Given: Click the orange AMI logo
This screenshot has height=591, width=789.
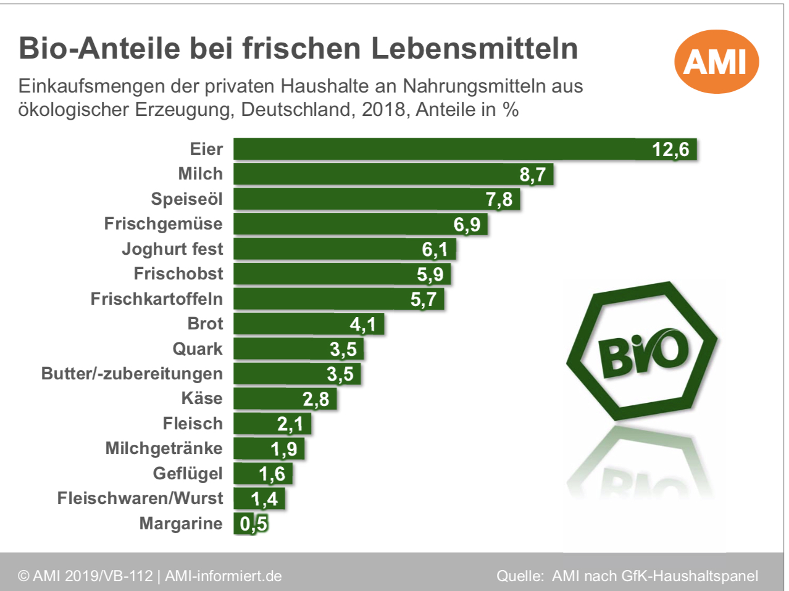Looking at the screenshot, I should coord(716,62).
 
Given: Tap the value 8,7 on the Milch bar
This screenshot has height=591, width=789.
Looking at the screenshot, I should coord(532,175).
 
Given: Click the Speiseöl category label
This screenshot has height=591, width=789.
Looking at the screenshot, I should coord(186,199).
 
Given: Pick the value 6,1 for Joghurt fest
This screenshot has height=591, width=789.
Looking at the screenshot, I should coord(435,249).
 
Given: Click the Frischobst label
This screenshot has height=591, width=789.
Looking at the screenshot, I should coord(178,274).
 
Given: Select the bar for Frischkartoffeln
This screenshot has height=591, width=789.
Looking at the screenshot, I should coord(338,299).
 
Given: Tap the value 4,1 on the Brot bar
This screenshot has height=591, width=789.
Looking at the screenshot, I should coord(362,324).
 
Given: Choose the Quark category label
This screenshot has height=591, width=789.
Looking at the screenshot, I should coord(197,349).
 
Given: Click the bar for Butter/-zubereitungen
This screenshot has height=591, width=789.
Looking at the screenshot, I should coord(296,374).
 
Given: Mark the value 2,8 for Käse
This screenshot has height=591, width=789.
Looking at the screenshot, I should coord(315,399).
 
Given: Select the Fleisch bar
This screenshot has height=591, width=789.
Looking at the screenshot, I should coord(272,424).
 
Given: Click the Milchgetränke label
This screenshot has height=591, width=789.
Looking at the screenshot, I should coord(164,448).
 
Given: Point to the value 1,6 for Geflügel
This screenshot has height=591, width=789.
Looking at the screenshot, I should coord(272,474).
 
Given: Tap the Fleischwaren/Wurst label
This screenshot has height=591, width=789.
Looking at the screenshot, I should coord(140,498).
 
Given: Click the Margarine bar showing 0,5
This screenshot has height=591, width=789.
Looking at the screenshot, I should coord(251,524).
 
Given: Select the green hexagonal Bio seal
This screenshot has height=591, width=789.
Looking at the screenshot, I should coord(642,352).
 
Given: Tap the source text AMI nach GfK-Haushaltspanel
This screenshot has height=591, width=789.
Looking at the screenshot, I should coord(655,576).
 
